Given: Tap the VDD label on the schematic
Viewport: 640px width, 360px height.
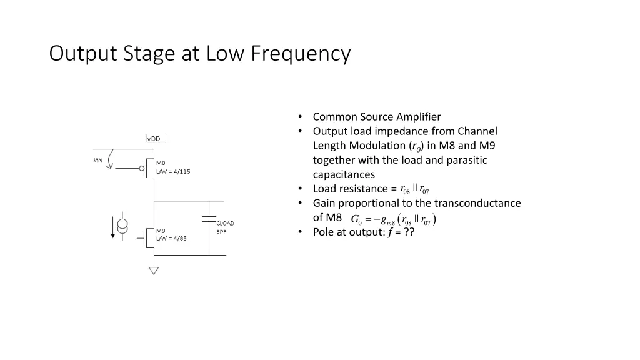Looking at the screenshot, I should pyautogui.click(x=154, y=139).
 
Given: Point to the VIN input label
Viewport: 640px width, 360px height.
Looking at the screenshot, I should pyautogui.click(x=98, y=160).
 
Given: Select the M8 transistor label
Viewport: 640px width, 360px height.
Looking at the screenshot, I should pyautogui.click(x=161, y=164).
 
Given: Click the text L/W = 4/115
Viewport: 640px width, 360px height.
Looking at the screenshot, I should pyautogui.click(x=173, y=172).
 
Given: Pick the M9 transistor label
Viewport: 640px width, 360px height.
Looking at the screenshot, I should pyautogui.click(x=161, y=231).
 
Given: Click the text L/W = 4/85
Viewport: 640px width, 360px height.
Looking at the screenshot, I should pyautogui.click(x=171, y=239).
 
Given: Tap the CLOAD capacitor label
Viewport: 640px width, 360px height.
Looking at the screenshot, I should pyautogui.click(x=225, y=223).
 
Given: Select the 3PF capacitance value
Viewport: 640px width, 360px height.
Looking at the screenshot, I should pyautogui.click(x=221, y=232).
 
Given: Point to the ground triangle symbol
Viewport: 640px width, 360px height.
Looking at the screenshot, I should pyautogui.click(x=154, y=271).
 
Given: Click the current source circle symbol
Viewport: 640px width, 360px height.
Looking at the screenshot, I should pyautogui.click(x=123, y=226).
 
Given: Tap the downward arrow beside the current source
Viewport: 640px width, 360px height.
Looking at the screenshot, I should pyautogui.click(x=113, y=226).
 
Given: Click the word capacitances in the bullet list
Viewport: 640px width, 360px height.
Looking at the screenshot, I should pyautogui.click(x=344, y=174).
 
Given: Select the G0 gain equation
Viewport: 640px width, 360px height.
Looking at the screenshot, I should pyautogui.click(x=394, y=219).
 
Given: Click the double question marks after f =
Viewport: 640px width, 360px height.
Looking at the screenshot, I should pyautogui.click(x=409, y=232).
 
